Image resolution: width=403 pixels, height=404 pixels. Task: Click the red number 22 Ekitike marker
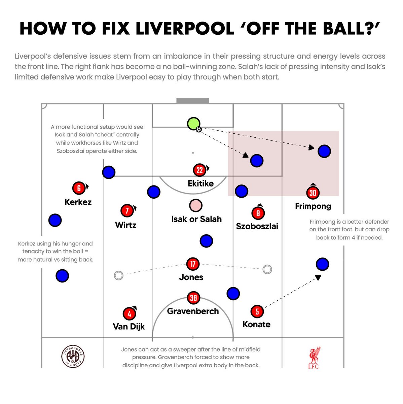click(199, 170)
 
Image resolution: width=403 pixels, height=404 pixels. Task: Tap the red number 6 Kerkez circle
click(79, 188)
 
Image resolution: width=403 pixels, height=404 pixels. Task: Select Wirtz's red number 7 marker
click(127, 211)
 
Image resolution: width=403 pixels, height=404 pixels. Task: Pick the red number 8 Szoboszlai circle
click(258, 213)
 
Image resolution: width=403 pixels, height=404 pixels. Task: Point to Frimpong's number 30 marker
click(313, 193)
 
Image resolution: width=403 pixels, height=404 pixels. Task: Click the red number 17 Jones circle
click(193, 264)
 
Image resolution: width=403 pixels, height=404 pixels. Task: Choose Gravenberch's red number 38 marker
click(193, 298)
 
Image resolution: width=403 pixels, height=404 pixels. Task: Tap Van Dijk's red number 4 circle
click(129, 314)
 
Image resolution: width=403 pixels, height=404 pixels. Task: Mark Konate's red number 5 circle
click(257, 311)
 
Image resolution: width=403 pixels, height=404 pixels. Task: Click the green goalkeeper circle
click(193, 124)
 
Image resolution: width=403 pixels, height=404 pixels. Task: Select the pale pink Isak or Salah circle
click(195, 205)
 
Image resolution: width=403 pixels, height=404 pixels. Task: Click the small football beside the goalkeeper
click(199, 129)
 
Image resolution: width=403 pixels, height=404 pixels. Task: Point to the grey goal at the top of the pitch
click(193, 101)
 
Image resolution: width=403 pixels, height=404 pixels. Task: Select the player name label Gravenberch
click(193, 311)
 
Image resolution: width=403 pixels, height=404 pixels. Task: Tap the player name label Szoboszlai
click(257, 226)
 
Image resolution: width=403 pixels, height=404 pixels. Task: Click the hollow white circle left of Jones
click(118, 275)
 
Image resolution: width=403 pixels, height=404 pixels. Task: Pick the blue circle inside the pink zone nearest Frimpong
click(324, 151)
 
